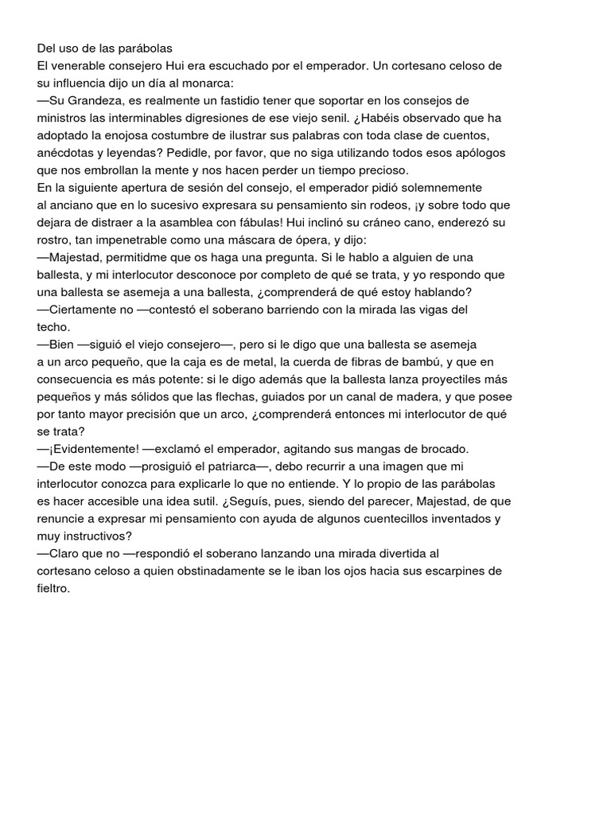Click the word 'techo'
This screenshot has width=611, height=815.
point(53,327)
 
